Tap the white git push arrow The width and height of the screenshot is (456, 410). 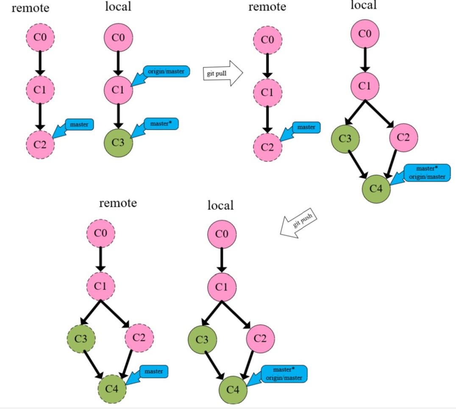click(299, 223)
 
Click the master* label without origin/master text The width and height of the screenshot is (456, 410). click(161, 124)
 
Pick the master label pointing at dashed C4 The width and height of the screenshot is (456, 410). click(153, 371)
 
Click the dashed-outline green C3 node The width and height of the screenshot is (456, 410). click(81, 338)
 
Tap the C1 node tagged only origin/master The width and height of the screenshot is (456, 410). click(119, 90)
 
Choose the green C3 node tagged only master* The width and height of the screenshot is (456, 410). click(119, 142)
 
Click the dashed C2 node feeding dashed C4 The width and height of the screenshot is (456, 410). click(139, 338)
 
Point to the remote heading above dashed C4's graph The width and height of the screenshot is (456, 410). click(118, 203)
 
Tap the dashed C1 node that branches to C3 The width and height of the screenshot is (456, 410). click(101, 287)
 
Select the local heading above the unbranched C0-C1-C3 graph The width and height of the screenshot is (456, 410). click(118, 7)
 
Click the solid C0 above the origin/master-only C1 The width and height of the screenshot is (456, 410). click(119, 37)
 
